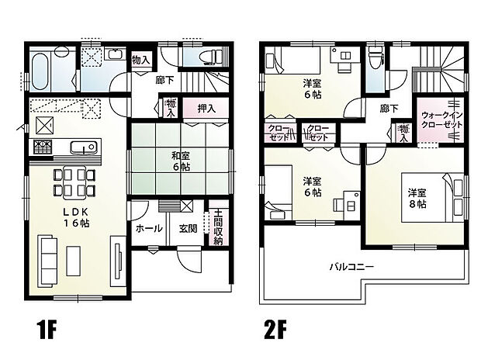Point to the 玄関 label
click(188, 228)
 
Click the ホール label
click(149, 228)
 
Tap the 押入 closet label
click(206, 109)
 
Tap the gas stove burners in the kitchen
click(42, 147)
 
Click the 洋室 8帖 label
click(417, 198)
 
